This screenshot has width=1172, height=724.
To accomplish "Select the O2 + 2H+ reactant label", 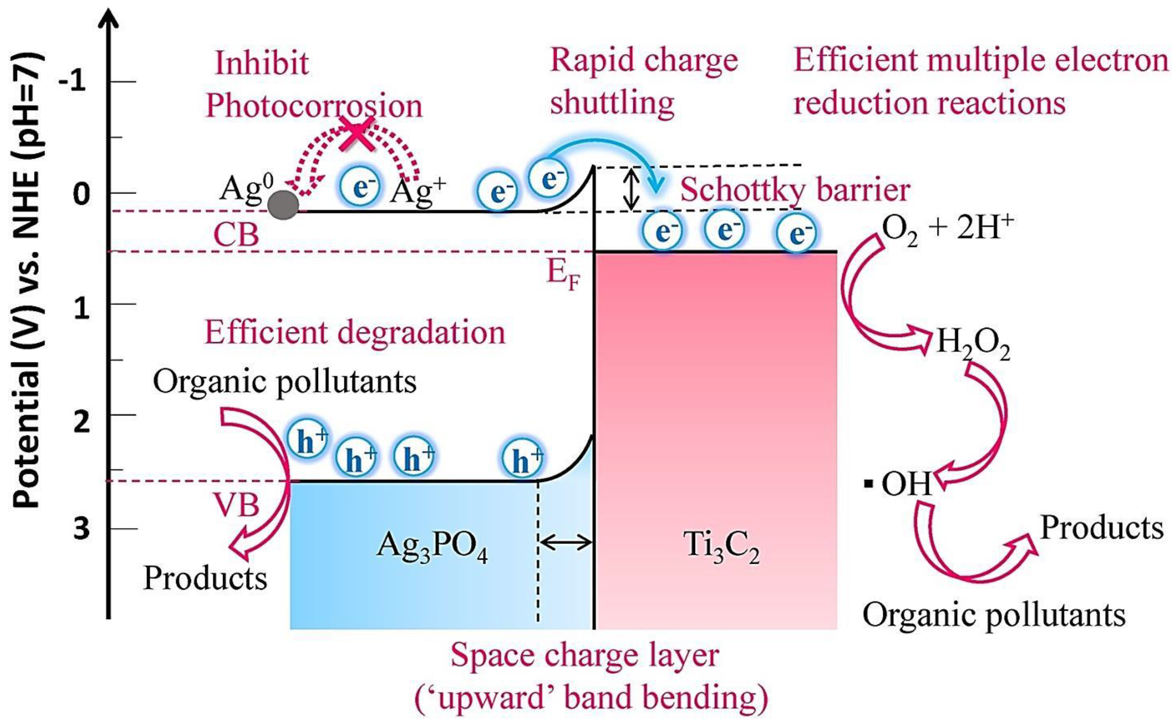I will click(947, 229).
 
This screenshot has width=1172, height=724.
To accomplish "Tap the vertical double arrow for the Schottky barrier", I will click(632, 189).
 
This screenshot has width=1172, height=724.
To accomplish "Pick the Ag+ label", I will click(417, 192).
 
